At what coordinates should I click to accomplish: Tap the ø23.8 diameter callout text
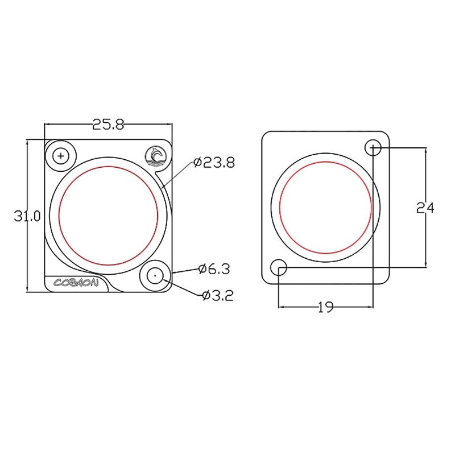[214, 163]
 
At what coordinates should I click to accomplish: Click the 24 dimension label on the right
[425, 208]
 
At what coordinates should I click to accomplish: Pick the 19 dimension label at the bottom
[325, 308]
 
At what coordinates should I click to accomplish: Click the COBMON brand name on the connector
[76, 283]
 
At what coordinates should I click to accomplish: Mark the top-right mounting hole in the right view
[373, 148]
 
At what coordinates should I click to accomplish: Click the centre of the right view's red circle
[326, 208]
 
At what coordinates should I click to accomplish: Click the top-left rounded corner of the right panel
[265, 135]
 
